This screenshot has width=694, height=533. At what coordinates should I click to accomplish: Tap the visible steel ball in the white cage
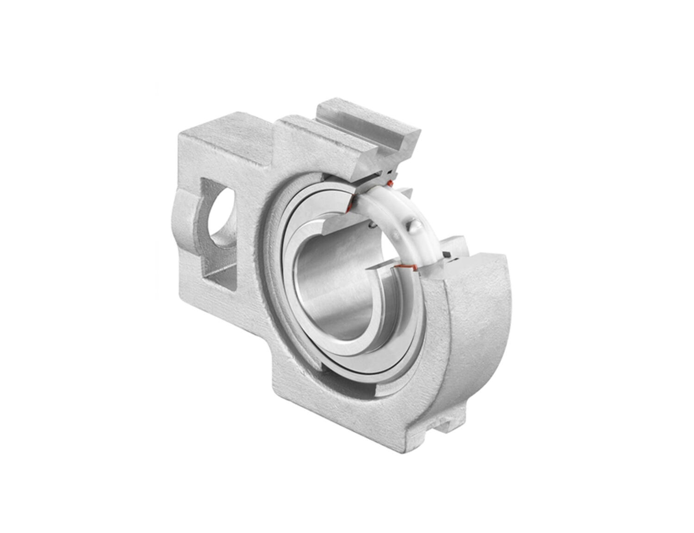(415, 226)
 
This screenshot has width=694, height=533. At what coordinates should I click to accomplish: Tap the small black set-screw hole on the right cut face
(448, 254)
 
